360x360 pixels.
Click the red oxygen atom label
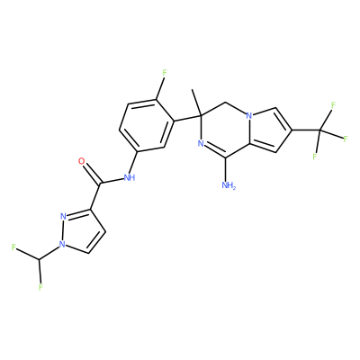coord(81,161)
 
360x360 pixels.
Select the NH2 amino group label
coord(229,185)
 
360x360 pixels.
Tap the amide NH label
coord(130,177)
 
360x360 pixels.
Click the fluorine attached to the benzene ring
coord(164,72)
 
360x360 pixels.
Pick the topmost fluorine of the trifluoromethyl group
coord(333,105)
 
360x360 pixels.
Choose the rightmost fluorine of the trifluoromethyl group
coord(346,139)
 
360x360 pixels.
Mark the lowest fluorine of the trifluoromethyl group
coord(315,157)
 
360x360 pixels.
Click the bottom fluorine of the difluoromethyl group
coord(40,287)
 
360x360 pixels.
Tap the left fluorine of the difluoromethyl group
coord(13,247)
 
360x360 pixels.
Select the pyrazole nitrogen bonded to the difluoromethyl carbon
coord(62,244)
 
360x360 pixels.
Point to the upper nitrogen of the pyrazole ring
coord(63,216)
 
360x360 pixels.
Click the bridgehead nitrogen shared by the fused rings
coord(248,116)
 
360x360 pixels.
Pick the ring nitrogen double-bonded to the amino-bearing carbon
coord(201,144)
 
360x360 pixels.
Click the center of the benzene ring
coord(147,125)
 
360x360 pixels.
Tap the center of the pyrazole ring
coord(81,233)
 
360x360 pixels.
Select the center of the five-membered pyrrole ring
coord(268,130)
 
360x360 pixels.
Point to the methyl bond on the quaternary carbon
coord(197,102)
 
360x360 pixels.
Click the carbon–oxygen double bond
coord(92,173)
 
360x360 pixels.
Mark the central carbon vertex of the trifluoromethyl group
coord(319,130)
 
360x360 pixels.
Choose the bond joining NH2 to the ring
coord(227,169)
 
